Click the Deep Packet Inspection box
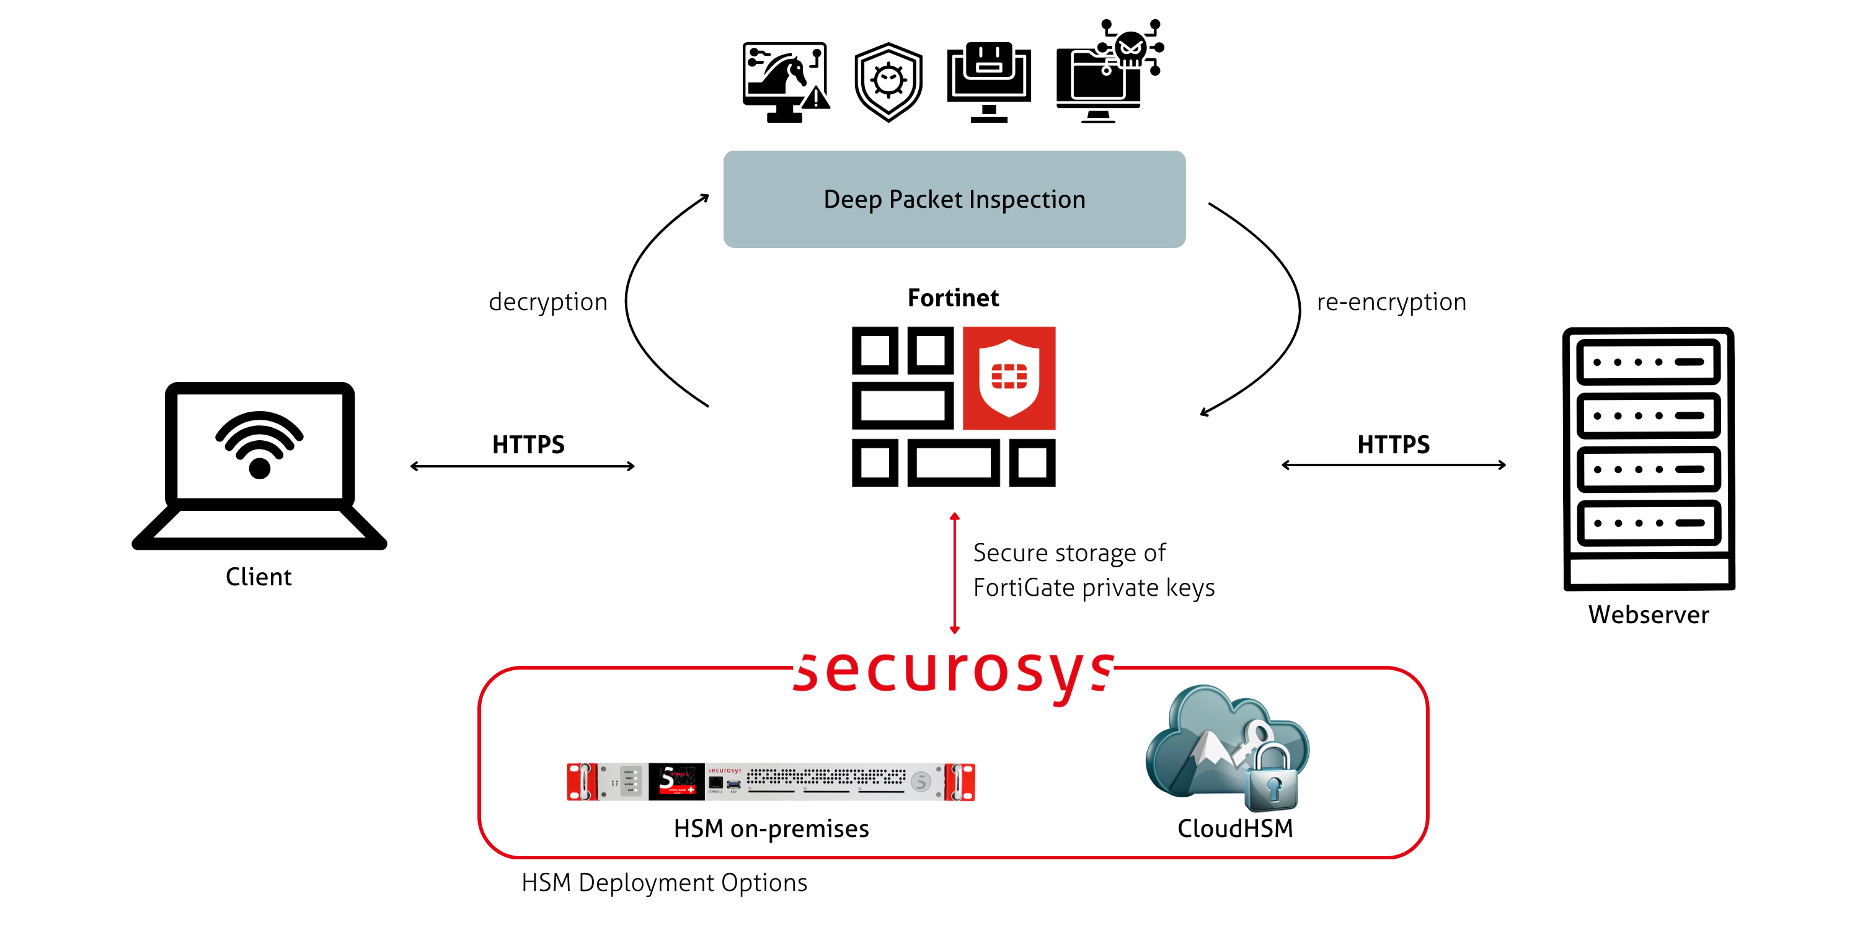tap(954, 199)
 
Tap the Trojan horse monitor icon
tap(784, 82)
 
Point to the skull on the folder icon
tap(1130, 49)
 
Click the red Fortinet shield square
tap(1009, 378)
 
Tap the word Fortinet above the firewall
tap(953, 298)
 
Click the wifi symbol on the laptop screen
tap(259, 443)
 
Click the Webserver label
tap(1649, 614)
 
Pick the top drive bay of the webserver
tap(1649, 361)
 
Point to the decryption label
tap(548, 302)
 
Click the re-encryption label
tap(1391, 302)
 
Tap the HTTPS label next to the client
tap(528, 444)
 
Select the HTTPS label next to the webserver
tap(1393, 444)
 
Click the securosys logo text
tap(954, 671)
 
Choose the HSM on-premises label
tap(771, 828)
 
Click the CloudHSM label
tap(1234, 828)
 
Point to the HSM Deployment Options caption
tap(664, 882)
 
